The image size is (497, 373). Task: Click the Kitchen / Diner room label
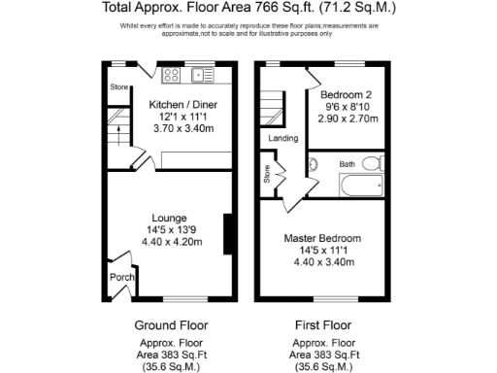pyautogui.click(x=175, y=103)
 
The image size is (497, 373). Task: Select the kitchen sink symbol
pyautogui.click(x=205, y=73)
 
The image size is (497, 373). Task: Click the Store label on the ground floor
pyautogui.click(x=118, y=87)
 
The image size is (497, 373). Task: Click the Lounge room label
pyautogui.click(x=169, y=218)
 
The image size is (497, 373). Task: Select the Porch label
pyautogui.click(x=122, y=277)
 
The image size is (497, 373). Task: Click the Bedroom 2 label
pyautogui.click(x=348, y=94)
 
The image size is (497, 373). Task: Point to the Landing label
pyautogui.click(x=284, y=139)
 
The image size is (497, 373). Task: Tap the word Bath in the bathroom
pyautogui.click(x=348, y=164)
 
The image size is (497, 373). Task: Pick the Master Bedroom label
pyautogui.click(x=322, y=238)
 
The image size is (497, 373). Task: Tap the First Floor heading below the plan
pyautogui.click(x=322, y=324)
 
